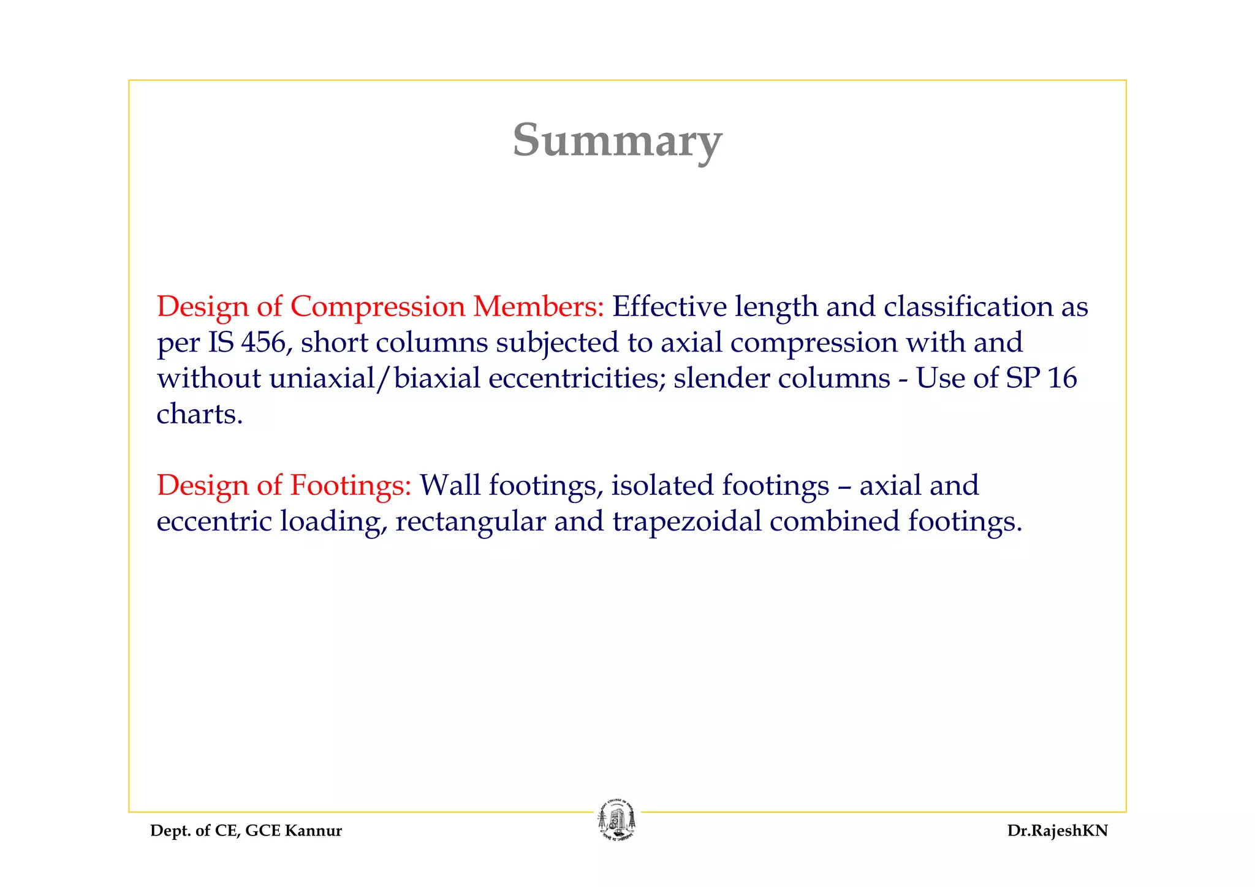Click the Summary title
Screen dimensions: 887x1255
pyautogui.click(x=617, y=140)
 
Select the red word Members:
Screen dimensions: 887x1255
pyautogui.click(x=539, y=306)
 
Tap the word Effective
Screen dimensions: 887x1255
pyautogui.click(x=669, y=306)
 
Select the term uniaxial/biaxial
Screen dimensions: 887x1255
pyautogui.click(x=374, y=378)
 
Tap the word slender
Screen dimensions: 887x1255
pyautogui.click(x=722, y=378)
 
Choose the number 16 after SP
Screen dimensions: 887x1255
pyautogui.click(x=1062, y=378)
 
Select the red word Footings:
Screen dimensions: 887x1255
pyautogui.click(x=350, y=485)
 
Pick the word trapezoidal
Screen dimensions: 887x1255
pyautogui.click(x=687, y=521)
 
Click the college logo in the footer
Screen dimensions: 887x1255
pyautogui.click(x=617, y=820)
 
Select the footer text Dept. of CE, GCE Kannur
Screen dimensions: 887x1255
pyautogui.click(x=246, y=831)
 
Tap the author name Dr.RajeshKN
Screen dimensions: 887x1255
pyautogui.click(x=1057, y=831)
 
